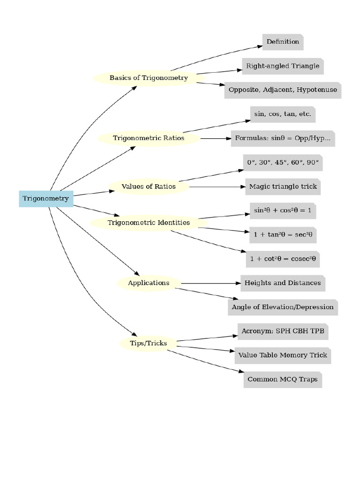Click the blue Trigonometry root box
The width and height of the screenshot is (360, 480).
(46, 199)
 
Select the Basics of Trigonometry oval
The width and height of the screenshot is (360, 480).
(149, 78)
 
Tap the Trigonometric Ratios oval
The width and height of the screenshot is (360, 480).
(149, 138)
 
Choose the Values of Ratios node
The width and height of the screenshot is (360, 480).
(149, 187)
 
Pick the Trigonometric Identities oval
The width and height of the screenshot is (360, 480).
(149, 223)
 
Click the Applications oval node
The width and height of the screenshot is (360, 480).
(149, 283)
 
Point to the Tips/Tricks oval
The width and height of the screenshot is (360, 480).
(149, 344)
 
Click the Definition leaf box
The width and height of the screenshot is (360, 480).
(283, 42)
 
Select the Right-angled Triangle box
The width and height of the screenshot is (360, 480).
(283, 66)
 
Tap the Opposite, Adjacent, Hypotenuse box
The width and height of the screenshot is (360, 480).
(283, 90)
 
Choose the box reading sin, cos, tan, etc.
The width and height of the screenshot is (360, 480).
(283, 114)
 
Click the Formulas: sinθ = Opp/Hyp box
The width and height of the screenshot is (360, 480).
(283, 138)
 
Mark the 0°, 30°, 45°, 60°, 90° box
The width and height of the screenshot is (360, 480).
(283, 162)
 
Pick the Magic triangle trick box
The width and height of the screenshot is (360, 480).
(283, 187)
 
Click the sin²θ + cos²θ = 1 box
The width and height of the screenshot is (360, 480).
(283, 211)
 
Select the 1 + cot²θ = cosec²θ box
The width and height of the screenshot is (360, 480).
(283, 259)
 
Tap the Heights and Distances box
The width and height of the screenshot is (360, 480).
(283, 283)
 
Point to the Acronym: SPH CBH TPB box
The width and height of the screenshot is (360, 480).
(283, 331)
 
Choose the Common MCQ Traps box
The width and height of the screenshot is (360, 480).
(283, 379)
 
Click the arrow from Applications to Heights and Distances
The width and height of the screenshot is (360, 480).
(211, 283)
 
